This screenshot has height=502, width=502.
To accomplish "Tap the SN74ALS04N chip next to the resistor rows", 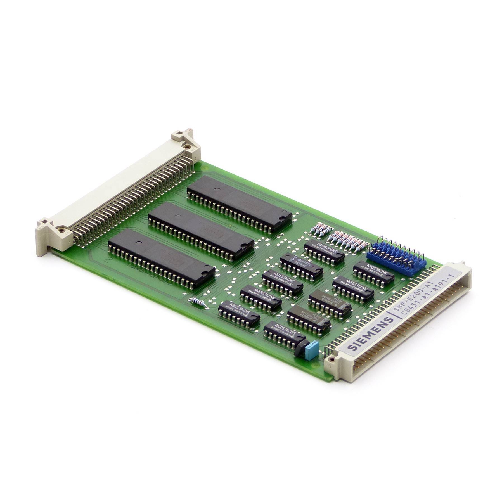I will [324, 248].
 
